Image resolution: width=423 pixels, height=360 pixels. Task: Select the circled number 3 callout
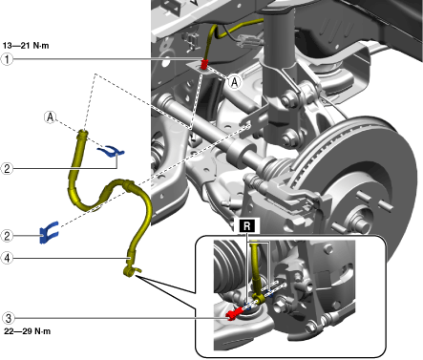point(8,318)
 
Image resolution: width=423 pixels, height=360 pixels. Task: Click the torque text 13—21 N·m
point(26,46)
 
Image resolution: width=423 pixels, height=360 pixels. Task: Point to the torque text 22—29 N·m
point(27,331)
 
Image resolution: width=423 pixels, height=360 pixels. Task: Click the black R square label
point(246,225)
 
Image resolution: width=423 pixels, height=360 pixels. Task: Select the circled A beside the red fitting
point(235,82)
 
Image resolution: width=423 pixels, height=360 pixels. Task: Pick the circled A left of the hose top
point(51,117)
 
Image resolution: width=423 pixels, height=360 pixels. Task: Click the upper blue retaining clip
point(111,151)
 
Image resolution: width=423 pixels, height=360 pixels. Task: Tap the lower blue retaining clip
point(49,232)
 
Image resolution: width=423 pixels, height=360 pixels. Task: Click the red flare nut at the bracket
point(204,64)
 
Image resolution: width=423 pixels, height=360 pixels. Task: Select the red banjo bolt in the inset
point(233,314)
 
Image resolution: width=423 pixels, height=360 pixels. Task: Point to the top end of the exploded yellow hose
point(83,132)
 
